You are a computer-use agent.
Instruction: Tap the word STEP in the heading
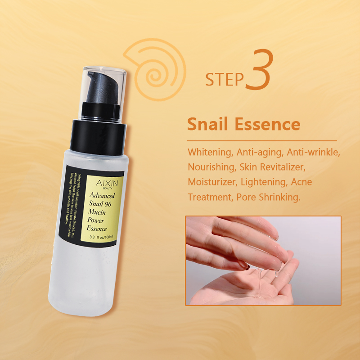click(x=224, y=79)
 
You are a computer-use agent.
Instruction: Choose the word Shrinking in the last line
click(x=279, y=197)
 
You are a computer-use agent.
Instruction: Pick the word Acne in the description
click(x=301, y=182)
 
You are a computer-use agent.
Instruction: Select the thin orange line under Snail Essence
click(x=261, y=141)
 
